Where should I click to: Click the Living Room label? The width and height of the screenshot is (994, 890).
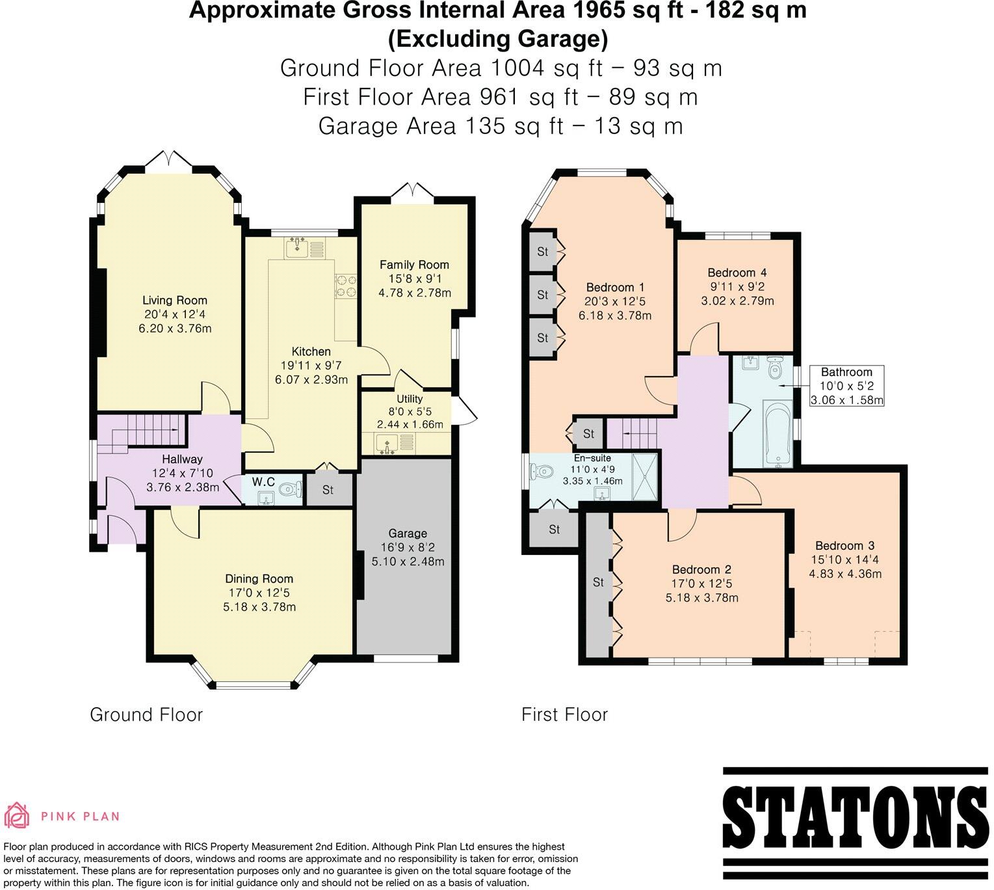pyautogui.click(x=175, y=300)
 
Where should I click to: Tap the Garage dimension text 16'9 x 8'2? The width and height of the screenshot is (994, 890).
pyautogui.click(x=408, y=547)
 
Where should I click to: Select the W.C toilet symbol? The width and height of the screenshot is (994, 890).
pyautogui.click(x=293, y=488)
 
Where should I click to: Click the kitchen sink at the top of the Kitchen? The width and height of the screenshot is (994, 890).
pyautogui.click(x=299, y=247)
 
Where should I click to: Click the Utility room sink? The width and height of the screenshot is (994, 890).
pyautogui.click(x=388, y=444)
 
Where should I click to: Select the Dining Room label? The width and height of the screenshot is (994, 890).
pyautogui.click(x=259, y=578)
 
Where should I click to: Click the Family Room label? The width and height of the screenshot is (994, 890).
pyautogui.click(x=414, y=264)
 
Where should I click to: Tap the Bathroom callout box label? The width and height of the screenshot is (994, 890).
pyautogui.click(x=846, y=372)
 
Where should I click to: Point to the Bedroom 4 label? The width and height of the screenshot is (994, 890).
pyautogui.click(x=731, y=273)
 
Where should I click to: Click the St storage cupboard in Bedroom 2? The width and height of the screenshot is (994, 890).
pyautogui.click(x=598, y=582)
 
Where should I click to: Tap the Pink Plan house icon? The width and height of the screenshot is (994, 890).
pyautogui.click(x=17, y=816)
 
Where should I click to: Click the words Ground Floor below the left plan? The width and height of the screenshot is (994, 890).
pyautogui.click(x=146, y=715)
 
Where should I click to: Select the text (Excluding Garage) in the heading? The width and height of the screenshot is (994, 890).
pyautogui.click(x=497, y=39)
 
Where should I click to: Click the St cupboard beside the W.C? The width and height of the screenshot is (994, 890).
pyautogui.click(x=328, y=489)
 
